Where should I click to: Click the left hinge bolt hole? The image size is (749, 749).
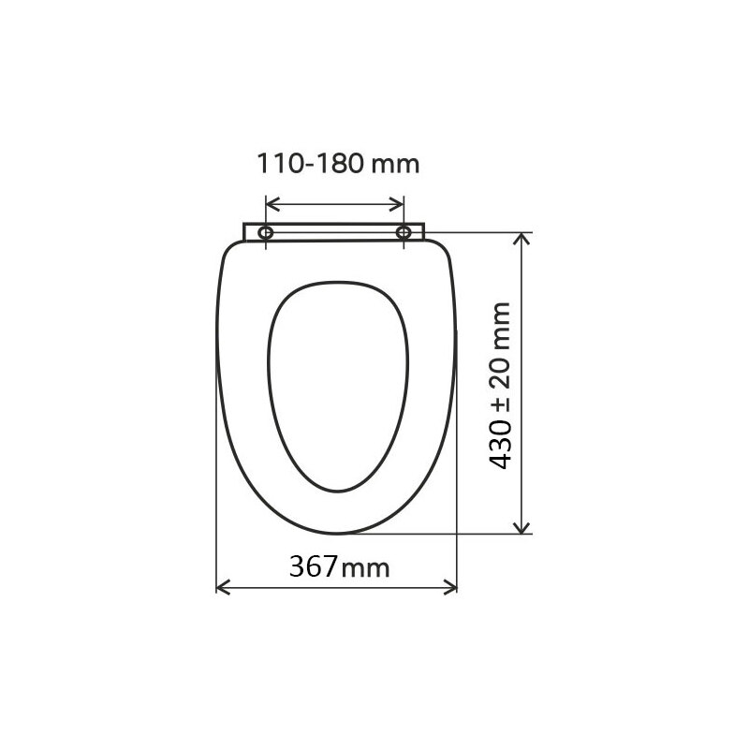(267, 231)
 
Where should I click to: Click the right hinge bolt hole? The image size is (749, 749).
(404, 231)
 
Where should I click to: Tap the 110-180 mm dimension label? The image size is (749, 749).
(338, 166)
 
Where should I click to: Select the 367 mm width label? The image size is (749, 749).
(338, 566)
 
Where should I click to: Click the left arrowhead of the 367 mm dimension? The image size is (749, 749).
(222, 587)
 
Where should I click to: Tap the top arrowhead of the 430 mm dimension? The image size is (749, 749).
(523, 238)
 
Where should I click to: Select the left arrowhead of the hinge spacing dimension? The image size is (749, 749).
(272, 203)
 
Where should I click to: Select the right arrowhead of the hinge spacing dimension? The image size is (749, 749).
(399, 203)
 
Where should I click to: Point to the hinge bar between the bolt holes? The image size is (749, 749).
(335, 231)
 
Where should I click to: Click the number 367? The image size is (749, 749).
(313, 566)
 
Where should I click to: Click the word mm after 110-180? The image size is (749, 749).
(396, 166)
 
